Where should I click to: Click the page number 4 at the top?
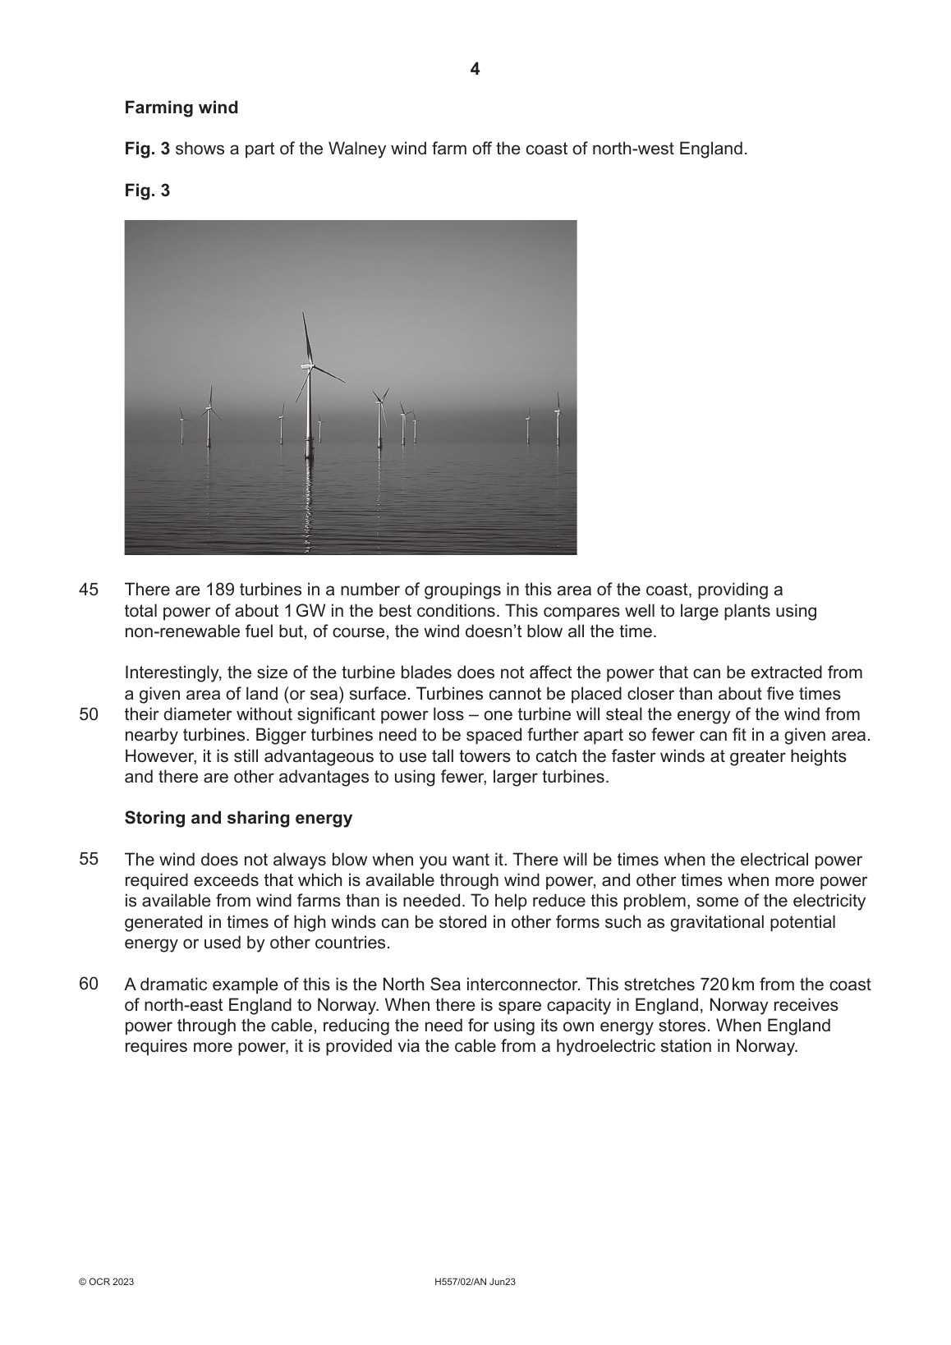click(x=475, y=69)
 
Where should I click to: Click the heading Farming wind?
click(x=181, y=108)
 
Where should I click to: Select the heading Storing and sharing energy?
click(x=238, y=818)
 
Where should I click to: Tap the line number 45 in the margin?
click(x=89, y=590)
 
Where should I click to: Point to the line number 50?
click(x=89, y=714)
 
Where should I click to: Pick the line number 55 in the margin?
click(x=89, y=859)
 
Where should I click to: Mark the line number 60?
click(x=89, y=983)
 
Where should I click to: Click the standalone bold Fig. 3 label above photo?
click(x=147, y=191)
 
